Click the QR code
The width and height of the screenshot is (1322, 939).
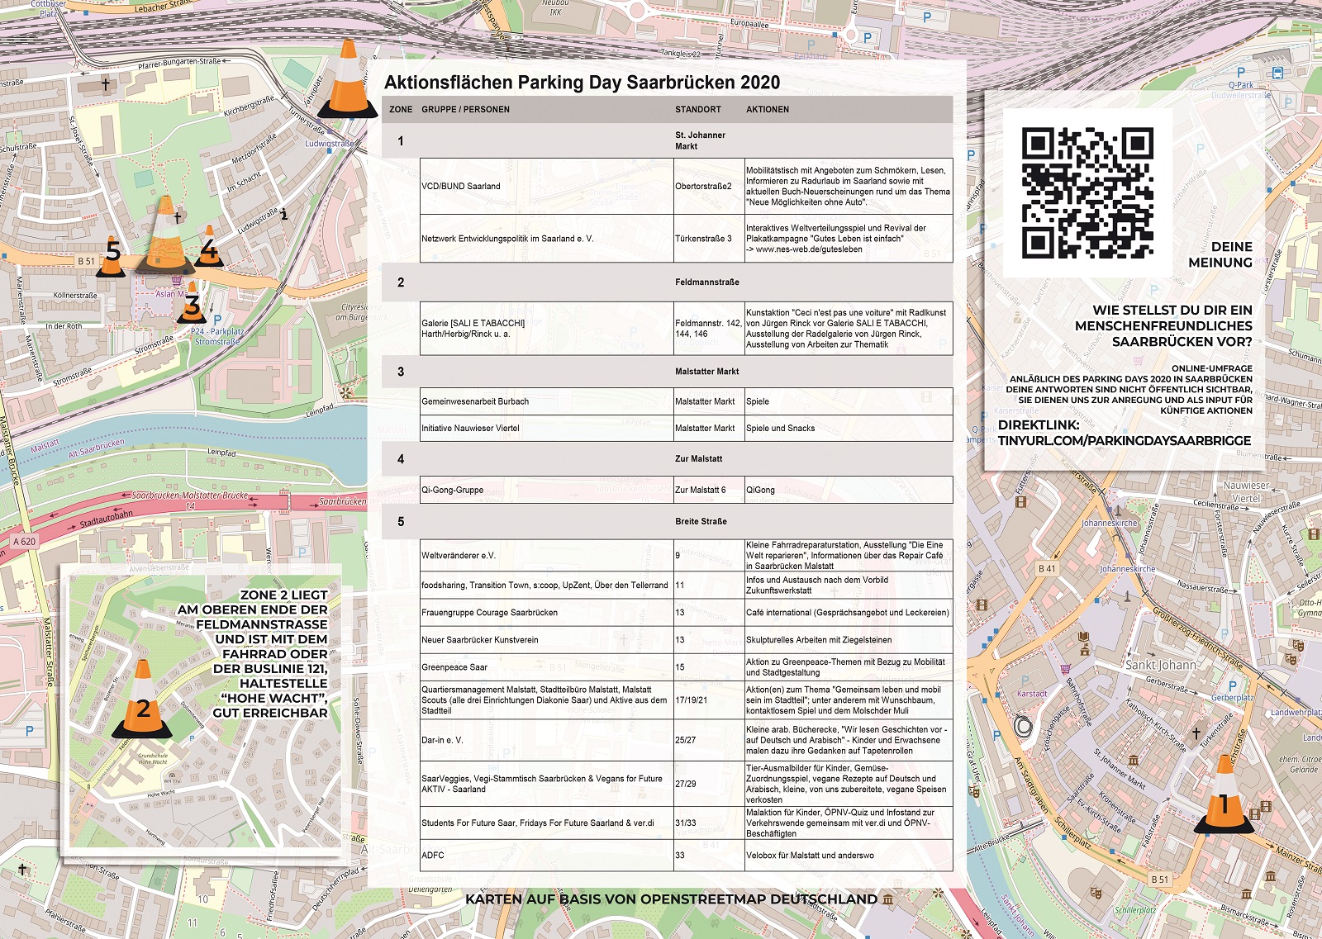click(x=1087, y=192)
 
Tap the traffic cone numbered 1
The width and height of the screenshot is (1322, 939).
click(x=1225, y=797)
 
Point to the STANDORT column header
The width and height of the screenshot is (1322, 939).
click(x=698, y=109)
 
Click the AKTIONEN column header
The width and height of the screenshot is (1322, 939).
click(x=768, y=109)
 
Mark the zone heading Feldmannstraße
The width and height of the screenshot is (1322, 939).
click(x=707, y=282)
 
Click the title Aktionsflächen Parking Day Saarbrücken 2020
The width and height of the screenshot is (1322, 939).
click(x=582, y=83)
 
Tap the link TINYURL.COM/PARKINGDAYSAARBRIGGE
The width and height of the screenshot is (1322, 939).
click(x=1125, y=441)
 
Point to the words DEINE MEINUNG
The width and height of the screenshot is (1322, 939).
click(x=1220, y=254)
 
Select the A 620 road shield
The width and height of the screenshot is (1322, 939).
click(x=25, y=542)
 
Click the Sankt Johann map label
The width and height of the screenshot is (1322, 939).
click(x=1161, y=665)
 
